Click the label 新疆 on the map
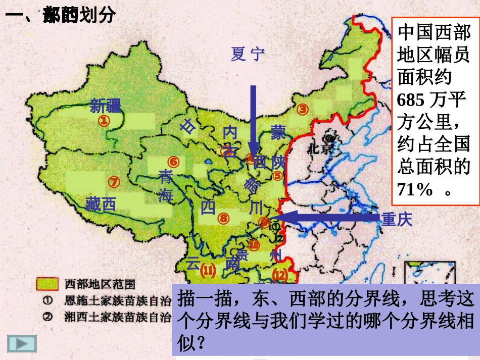pyautogui.click(x=106, y=106)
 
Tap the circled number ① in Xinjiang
pyautogui.click(x=104, y=121)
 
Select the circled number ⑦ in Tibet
pyautogui.click(x=114, y=181)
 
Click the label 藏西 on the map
pyautogui.click(x=101, y=204)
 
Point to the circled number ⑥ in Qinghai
pyautogui.click(x=174, y=162)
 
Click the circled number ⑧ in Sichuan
pyautogui.click(x=223, y=219)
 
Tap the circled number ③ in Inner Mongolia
pyautogui.click(x=302, y=109)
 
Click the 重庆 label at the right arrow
pyautogui.click(x=397, y=219)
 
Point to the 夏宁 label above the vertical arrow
pyautogui.click(x=248, y=54)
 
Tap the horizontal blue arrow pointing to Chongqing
pyautogui.click(x=328, y=218)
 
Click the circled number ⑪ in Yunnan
pyautogui.click(x=208, y=271)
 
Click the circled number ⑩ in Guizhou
pyautogui.click(x=254, y=245)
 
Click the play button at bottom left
pyautogui.click(x=22, y=343)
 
